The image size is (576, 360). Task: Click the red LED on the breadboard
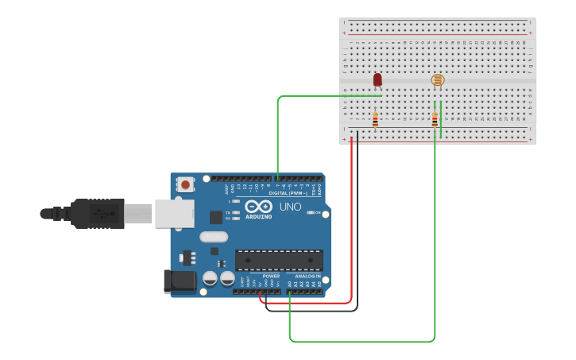point(377,79)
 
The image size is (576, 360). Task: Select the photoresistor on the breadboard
point(438,79)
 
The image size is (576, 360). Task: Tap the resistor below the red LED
point(375,120)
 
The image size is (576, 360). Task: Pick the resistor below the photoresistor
point(435,120)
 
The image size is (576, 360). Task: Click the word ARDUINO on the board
point(258,216)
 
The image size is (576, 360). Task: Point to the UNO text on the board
point(290,207)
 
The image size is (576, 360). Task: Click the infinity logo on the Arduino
point(259,206)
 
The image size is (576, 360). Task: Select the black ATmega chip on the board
point(279,260)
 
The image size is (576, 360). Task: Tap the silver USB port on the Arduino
point(174,213)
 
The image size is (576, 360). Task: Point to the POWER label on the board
point(271,276)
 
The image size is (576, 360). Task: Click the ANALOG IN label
point(307,276)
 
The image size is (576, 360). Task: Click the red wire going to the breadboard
point(351,223)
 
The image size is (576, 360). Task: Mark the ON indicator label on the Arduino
point(317,212)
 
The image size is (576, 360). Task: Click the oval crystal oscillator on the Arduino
point(214,236)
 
